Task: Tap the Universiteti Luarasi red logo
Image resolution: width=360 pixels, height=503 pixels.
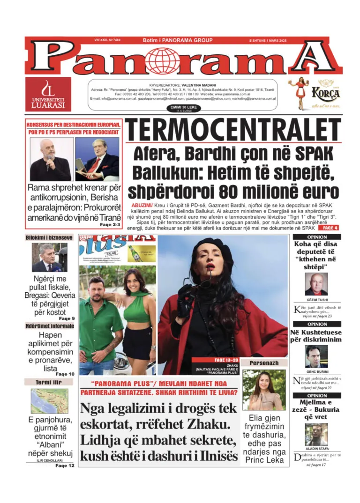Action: [x=49, y=94]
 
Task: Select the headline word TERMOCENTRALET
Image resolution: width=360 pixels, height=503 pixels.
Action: [x=233, y=130]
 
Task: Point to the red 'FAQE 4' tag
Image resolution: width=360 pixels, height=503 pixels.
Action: [x=328, y=228]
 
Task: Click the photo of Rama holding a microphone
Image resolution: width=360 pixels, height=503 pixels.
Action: [x=50, y=159]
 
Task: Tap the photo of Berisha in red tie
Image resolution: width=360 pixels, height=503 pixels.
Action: [x=97, y=159]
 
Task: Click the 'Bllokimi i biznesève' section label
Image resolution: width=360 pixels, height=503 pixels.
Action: [x=49, y=238]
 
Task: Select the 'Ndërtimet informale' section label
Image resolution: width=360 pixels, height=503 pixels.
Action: [x=49, y=326]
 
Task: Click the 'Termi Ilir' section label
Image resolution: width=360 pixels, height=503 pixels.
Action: [x=49, y=382]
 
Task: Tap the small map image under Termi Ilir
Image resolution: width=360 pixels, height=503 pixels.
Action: [x=49, y=401]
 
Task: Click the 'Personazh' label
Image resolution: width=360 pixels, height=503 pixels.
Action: [x=264, y=363]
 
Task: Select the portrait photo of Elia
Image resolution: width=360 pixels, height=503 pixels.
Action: [x=264, y=390]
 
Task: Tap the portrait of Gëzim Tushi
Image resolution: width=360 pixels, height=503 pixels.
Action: [x=316, y=284]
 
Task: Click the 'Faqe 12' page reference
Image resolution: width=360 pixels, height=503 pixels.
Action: [x=65, y=466]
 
